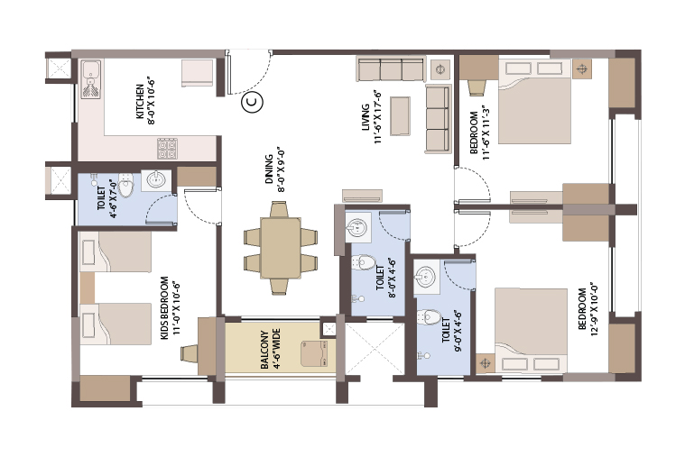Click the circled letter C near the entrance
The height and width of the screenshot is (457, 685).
coord(252,102)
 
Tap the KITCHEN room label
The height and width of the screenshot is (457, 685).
coord(140,101)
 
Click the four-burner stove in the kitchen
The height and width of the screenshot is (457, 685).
coord(168,149)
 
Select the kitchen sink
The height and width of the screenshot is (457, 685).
coord(91,79)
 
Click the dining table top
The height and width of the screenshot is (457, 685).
coord(281,248)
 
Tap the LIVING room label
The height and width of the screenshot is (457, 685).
coord(366,118)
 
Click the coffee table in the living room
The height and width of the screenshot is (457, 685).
coord(400,116)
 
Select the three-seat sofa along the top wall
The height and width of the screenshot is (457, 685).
coord(391,69)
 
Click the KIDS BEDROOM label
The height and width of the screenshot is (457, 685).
coord(164,307)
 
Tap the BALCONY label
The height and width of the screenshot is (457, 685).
coord(264,350)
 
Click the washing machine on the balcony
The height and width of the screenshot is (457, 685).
coord(314,354)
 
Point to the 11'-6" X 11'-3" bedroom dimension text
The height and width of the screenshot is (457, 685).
coord(486,133)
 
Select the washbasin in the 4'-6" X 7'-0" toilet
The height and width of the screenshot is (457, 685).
coord(156,179)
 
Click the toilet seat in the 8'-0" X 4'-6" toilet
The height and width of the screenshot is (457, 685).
coord(364,262)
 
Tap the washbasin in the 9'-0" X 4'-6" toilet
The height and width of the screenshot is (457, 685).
coord(425,276)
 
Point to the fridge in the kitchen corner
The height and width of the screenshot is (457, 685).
coord(197,74)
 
